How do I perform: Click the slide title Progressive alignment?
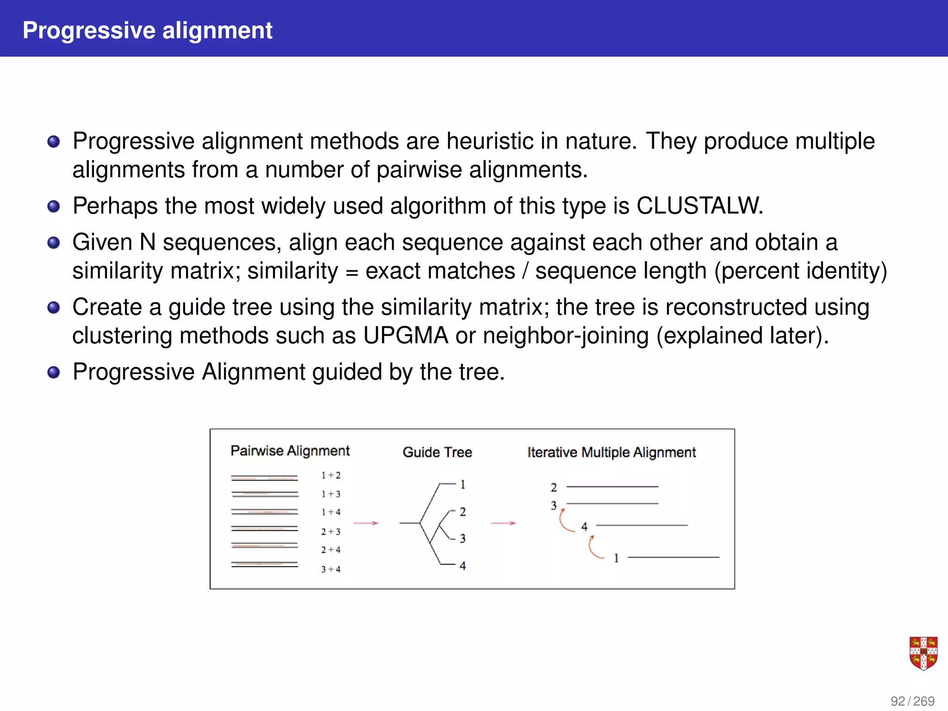(147, 31)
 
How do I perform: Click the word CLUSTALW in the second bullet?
(699, 206)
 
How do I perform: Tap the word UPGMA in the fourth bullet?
(405, 335)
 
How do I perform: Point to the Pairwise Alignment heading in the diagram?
(290, 450)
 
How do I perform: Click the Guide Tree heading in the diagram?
(437, 452)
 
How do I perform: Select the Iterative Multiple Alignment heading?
(611, 452)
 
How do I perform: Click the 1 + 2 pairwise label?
(331, 475)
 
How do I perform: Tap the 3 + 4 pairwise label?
(331, 569)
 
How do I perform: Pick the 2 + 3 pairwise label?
(331, 531)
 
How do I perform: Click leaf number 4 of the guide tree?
(462, 566)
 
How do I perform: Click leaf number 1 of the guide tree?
(462, 485)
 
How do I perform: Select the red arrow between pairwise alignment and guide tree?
(366, 523)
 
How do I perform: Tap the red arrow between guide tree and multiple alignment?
(503, 523)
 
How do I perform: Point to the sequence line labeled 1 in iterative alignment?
(673, 557)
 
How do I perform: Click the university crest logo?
(923, 653)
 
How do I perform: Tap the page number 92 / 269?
(912, 701)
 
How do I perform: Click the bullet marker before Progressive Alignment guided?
(54, 372)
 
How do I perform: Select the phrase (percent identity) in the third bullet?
(800, 271)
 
